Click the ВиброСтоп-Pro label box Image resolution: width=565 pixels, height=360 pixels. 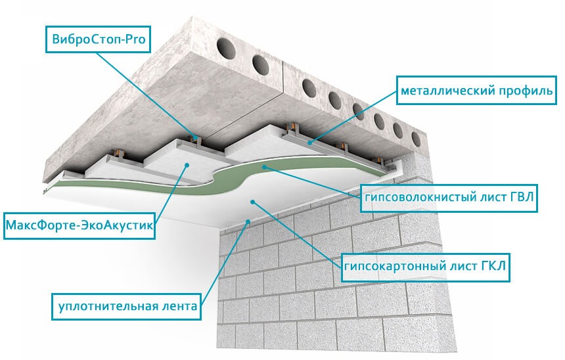pos(98,39)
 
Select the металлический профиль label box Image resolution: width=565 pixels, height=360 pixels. pos(477,91)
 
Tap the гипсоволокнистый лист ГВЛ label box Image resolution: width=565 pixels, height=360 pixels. pos(449,198)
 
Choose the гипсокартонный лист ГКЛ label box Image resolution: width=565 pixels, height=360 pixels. pos(425,267)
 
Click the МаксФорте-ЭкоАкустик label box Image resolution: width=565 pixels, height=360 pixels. pos(79,226)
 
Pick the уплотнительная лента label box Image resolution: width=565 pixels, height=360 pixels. pos(127,307)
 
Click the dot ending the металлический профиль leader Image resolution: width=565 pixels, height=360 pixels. pos(310,143)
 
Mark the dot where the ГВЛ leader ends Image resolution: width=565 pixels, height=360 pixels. pos(265,167)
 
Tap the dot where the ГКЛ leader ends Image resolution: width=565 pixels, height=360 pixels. pos(253,202)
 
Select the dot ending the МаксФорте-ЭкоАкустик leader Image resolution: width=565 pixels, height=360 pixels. pos(187,165)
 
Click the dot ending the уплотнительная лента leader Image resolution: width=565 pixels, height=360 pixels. pos(248,221)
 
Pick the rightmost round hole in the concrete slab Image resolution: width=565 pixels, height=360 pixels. pos(416,139)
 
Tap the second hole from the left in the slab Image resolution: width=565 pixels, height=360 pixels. pos(261,65)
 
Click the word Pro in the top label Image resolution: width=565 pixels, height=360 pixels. pos(135,39)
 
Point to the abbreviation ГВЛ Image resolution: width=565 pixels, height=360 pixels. pos(522,197)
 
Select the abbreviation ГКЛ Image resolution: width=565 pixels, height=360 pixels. pos(493,266)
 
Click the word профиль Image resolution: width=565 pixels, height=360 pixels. pos(526,91)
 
